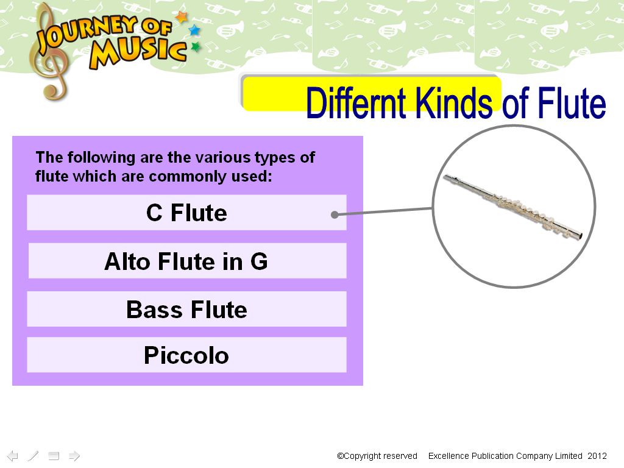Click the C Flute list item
(186, 212)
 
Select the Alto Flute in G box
(188, 261)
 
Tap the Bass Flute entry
(186, 309)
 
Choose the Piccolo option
(186, 355)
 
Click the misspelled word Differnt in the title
(356, 102)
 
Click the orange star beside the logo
(182, 17)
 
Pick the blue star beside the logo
(194, 30)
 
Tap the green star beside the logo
(196, 47)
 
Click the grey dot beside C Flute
(335, 215)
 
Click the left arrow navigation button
(13, 456)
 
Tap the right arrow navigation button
(74, 456)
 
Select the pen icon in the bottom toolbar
(33, 456)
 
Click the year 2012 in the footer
(597, 456)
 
